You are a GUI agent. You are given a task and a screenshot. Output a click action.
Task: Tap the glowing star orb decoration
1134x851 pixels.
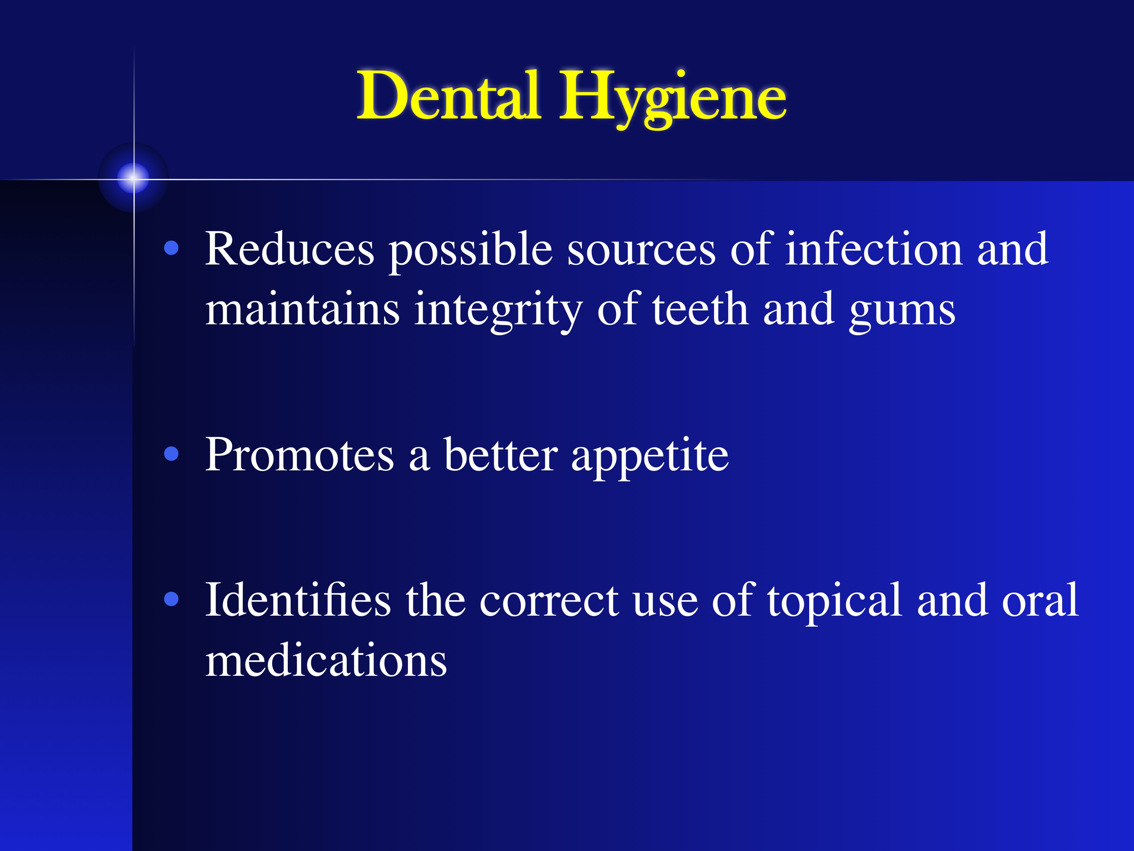point(133,178)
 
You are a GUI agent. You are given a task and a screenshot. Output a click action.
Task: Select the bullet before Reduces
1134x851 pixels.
point(171,249)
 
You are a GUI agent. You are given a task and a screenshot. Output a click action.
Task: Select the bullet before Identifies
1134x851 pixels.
point(171,599)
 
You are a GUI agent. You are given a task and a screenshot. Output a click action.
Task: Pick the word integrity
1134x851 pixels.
point(498,311)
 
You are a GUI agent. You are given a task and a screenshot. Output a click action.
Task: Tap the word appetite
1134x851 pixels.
point(650,459)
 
